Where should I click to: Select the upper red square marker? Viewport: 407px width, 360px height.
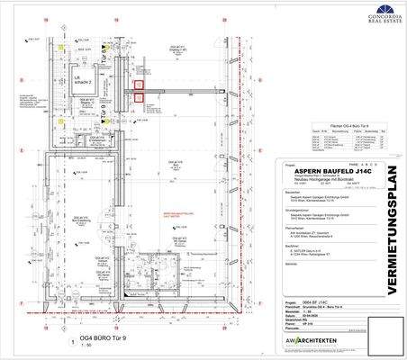pyautogui.click(x=139, y=85)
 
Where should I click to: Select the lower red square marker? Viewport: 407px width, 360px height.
pyautogui.click(x=139, y=101)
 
